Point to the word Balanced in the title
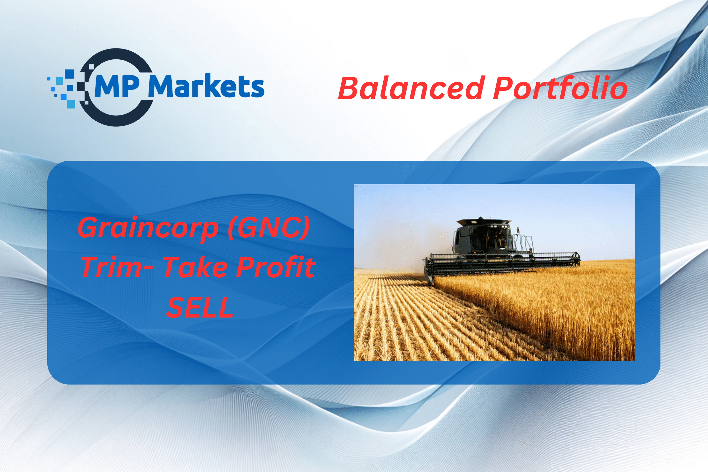pos(411,88)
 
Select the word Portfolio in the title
pos(560,88)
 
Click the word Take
pos(195,267)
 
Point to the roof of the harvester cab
pos(484,222)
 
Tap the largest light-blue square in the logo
pos(71,104)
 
